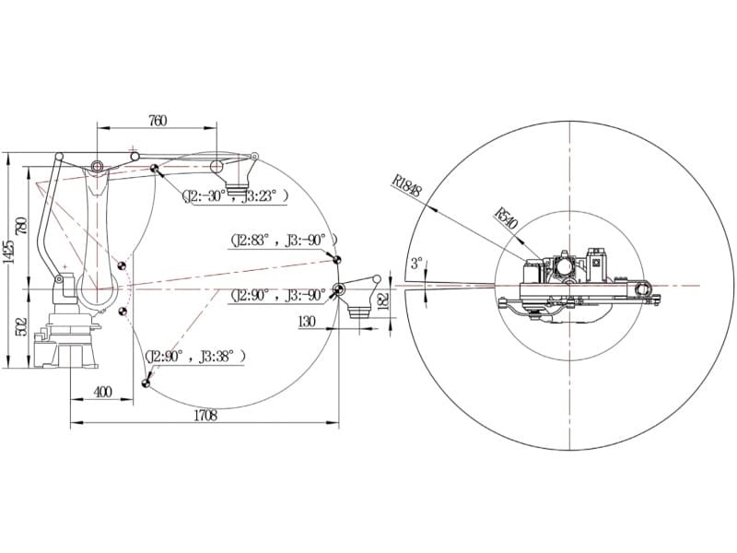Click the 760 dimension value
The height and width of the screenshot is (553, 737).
[x=158, y=121]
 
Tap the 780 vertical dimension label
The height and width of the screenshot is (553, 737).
[x=21, y=226]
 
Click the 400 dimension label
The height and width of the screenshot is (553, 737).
[x=103, y=391]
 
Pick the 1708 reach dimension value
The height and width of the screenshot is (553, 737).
[x=205, y=416]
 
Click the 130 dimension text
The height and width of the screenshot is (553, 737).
[x=307, y=322]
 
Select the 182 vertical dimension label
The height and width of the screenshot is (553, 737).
[x=383, y=300]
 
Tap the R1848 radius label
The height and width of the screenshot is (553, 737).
[x=407, y=185]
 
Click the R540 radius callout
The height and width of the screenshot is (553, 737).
[x=506, y=218]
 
